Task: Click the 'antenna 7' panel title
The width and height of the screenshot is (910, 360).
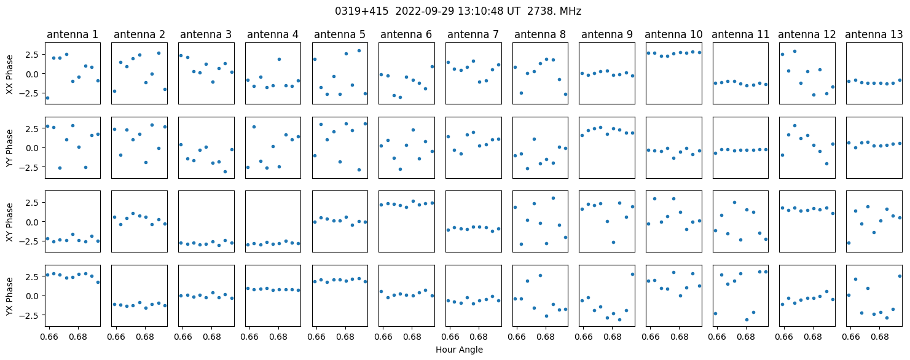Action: pyautogui.click(x=473, y=35)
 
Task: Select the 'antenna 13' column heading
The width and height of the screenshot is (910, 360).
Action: pyautogui.click(x=874, y=35)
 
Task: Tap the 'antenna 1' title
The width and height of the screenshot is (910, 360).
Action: pyautogui.click(x=73, y=35)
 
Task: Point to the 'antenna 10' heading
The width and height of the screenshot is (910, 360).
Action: pyautogui.click(x=673, y=35)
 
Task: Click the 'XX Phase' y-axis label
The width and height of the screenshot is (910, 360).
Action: pyautogui.click(x=10, y=74)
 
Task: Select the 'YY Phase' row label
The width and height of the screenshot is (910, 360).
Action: pyautogui.click(x=10, y=148)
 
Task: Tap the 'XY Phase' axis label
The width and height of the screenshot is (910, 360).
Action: pyautogui.click(x=10, y=222)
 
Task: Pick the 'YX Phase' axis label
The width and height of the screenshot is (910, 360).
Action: pyautogui.click(x=10, y=296)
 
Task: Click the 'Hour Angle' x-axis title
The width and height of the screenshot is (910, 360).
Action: pyautogui.click(x=459, y=350)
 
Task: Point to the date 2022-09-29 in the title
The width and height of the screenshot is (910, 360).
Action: pyautogui.click(x=423, y=11)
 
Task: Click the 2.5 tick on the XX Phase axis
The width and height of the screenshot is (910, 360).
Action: pyautogui.click(x=33, y=55)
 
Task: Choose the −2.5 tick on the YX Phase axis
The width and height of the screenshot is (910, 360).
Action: pyautogui.click(x=31, y=315)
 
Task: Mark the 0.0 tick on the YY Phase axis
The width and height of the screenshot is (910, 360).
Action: pyautogui.click(x=33, y=148)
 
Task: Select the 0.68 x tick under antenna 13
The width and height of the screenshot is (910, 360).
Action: pyautogui.click(x=880, y=337)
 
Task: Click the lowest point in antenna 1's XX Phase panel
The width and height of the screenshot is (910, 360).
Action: pyautogui.click(x=47, y=98)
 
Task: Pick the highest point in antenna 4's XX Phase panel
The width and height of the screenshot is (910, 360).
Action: pyautogui.click(x=280, y=60)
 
